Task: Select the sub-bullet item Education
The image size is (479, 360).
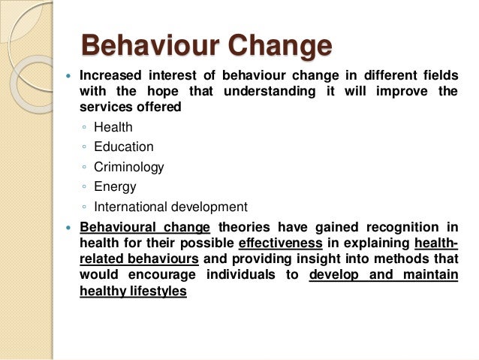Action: (123, 147)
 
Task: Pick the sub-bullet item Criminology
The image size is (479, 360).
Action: (128, 167)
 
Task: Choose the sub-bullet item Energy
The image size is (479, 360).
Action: (115, 186)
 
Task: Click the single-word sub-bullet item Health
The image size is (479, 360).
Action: (113, 128)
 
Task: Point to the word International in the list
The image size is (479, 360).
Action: (131, 206)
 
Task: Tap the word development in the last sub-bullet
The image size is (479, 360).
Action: (209, 206)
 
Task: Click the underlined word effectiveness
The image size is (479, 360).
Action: (280, 243)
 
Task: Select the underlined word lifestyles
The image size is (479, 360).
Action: (156, 291)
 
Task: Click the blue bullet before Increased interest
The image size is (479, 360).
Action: (68, 76)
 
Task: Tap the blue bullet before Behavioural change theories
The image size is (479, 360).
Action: (68, 228)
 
